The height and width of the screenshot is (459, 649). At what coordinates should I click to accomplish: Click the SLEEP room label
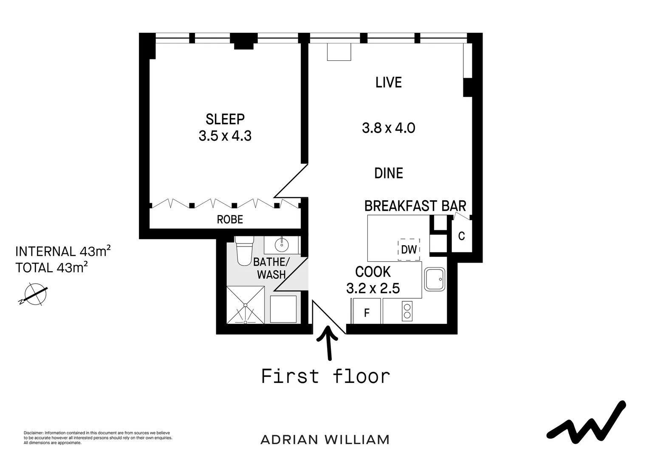(x=225, y=119)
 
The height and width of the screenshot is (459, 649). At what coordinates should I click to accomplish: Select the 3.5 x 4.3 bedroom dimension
(x=225, y=136)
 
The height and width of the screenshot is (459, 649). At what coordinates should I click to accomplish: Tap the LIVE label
(x=388, y=82)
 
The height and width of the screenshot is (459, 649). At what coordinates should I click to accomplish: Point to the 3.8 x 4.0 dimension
(x=388, y=128)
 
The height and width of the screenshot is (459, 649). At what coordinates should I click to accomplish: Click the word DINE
(x=388, y=173)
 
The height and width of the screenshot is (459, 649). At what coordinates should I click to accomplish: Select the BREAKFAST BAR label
(x=415, y=206)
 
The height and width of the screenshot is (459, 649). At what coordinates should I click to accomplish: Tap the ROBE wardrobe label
(x=230, y=219)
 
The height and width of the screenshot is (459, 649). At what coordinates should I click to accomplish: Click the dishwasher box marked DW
(x=409, y=249)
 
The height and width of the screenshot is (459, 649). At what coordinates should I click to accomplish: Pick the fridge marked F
(x=367, y=313)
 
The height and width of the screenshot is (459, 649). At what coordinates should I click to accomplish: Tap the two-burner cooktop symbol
(x=407, y=311)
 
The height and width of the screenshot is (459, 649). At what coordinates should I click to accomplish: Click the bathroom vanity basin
(x=281, y=244)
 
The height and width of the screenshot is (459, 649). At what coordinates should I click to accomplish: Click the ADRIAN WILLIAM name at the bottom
(x=324, y=439)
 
